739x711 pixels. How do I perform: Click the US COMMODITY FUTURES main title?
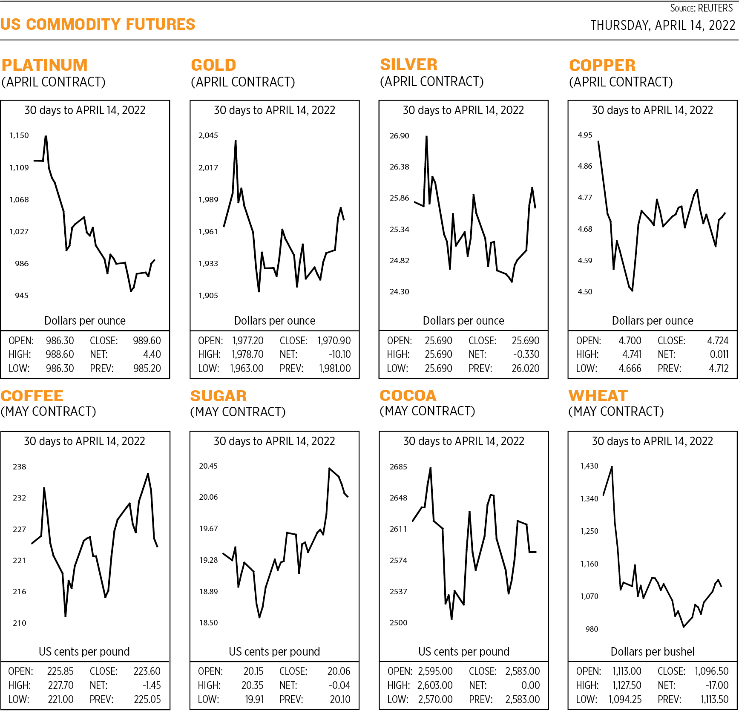[x=98, y=24]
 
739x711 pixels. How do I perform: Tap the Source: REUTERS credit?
[x=701, y=8]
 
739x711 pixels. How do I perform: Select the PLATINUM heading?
[x=44, y=65]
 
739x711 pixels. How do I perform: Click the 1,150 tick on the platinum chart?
[x=19, y=135]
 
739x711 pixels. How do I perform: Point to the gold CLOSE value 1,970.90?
[x=334, y=341]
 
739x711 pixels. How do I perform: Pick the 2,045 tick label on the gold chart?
[x=208, y=135]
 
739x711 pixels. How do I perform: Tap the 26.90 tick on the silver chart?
[x=399, y=136]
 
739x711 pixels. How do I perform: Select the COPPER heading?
[x=602, y=66]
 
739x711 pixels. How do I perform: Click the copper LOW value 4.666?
[x=630, y=368]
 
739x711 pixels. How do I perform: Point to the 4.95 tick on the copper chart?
[x=585, y=135]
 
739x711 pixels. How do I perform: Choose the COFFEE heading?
[x=32, y=396]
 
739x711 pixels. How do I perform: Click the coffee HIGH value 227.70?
[x=60, y=685]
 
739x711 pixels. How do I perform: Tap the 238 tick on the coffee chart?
[x=19, y=467]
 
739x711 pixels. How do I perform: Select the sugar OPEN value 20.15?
[x=253, y=671]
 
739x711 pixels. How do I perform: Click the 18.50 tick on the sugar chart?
[x=208, y=623]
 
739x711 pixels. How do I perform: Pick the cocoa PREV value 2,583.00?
[x=522, y=699]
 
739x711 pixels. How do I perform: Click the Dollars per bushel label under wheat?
[x=652, y=652]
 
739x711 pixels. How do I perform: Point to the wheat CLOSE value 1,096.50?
[x=711, y=671]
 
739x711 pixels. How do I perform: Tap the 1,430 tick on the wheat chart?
[x=589, y=466]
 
